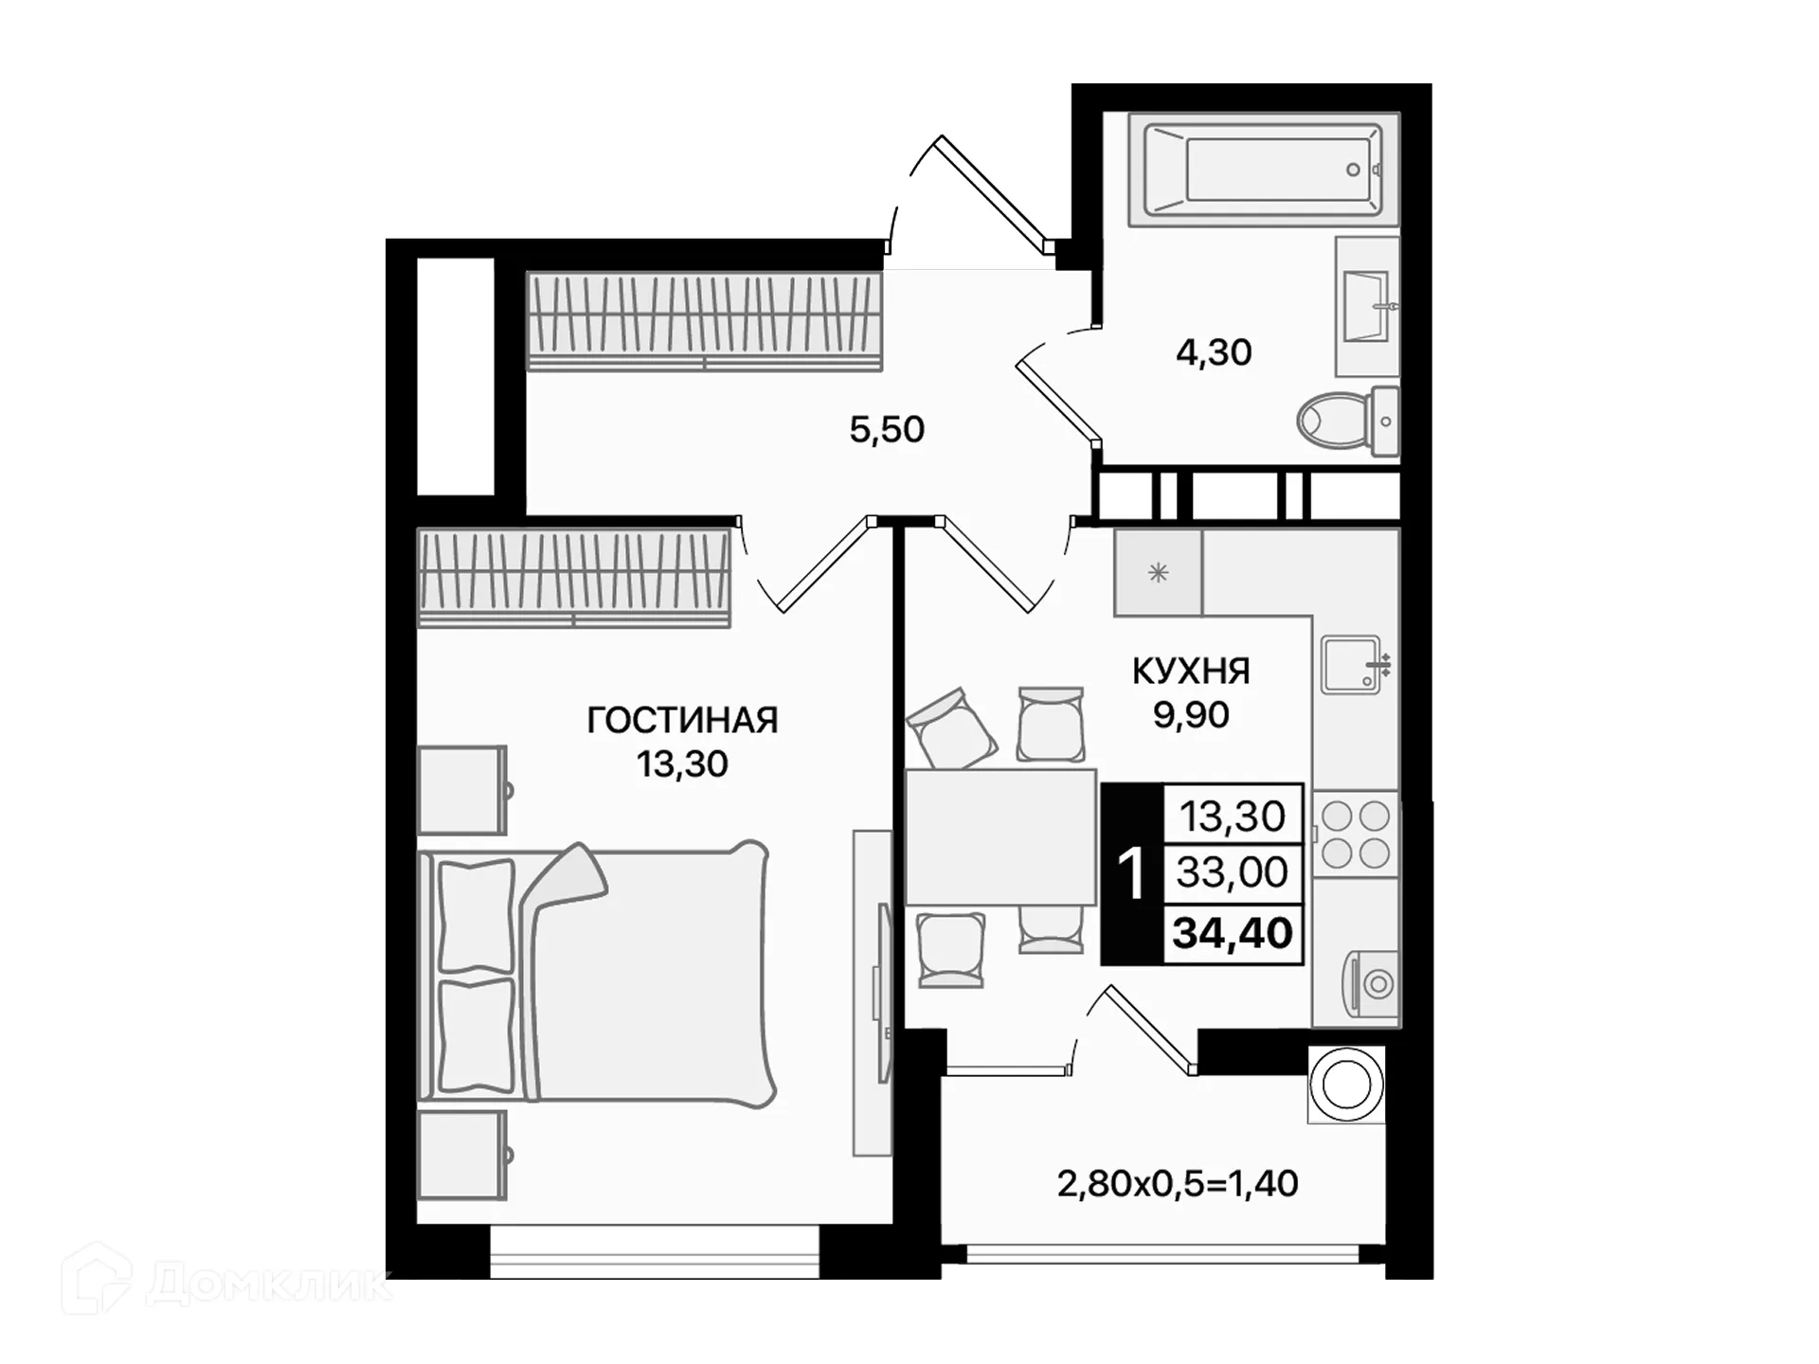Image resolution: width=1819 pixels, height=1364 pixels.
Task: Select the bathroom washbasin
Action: (x=1367, y=307)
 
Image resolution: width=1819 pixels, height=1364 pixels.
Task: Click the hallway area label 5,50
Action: (x=887, y=430)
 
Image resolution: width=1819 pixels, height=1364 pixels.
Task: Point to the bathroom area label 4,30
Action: (x=1214, y=352)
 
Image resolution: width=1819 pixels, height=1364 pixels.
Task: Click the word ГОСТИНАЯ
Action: (x=682, y=721)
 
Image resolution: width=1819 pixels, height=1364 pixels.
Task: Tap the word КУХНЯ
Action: (x=1191, y=672)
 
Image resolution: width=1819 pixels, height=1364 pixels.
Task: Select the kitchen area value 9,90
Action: (x=1191, y=715)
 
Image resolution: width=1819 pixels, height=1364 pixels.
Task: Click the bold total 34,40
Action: (x=1232, y=934)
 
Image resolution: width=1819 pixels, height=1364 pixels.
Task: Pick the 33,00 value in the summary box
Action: (x=1232, y=872)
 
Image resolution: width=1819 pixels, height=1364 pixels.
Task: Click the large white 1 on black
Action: (x=1131, y=873)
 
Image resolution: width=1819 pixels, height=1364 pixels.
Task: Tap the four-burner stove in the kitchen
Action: (x=1356, y=835)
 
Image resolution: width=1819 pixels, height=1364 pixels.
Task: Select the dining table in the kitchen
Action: (x=1000, y=837)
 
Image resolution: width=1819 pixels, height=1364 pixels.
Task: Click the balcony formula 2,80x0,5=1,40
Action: (x=1177, y=1184)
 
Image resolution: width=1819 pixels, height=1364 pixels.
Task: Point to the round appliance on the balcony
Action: (x=1346, y=1085)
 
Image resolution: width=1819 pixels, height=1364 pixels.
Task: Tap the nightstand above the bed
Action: (x=462, y=790)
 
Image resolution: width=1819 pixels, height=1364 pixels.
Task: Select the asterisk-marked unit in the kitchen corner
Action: (x=1158, y=573)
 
